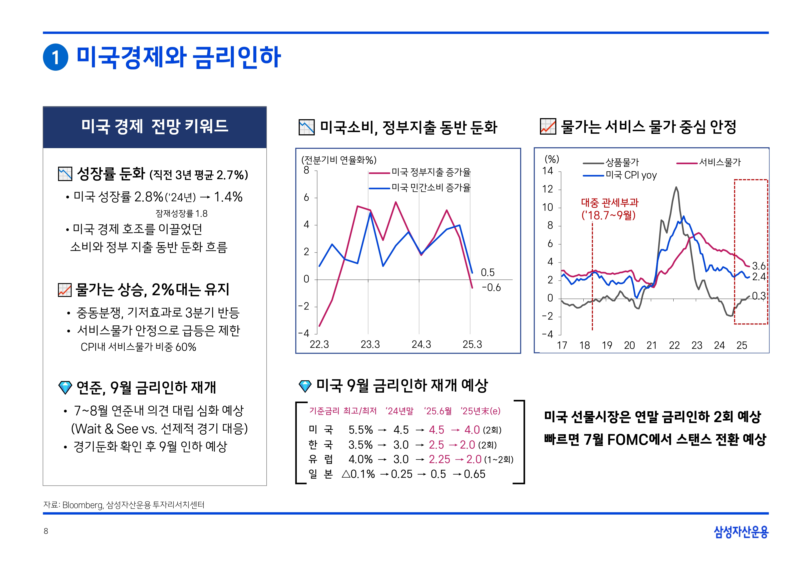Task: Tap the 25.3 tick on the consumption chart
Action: point(472,344)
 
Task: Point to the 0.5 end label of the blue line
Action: point(487,272)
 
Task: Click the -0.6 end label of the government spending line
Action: point(491,288)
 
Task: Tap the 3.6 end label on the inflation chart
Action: point(759,266)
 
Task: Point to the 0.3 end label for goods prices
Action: point(759,296)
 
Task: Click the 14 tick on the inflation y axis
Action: point(548,171)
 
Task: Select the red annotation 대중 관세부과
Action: point(610,203)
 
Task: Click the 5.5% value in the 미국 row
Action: point(360,430)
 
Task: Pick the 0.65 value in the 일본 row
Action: point(474,474)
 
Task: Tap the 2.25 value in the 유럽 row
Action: point(439,459)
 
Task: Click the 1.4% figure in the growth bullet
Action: point(228,197)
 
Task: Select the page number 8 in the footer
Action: point(46,531)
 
